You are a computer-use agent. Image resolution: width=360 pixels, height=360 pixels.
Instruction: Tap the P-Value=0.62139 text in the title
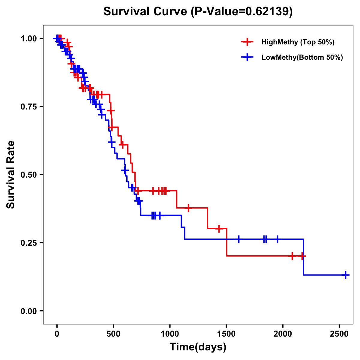pos(242,11)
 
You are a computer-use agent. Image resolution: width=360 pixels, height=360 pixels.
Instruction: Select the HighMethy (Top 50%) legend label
pos(298,42)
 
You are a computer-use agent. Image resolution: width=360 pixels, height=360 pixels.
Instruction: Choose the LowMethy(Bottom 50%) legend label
pos(302,58)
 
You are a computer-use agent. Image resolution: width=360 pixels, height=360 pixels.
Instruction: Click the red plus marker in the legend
pos(247,42)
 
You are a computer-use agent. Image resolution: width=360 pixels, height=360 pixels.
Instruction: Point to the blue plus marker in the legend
pos(247,58)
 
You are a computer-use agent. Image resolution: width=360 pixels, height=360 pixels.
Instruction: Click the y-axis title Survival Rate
pos(11,174)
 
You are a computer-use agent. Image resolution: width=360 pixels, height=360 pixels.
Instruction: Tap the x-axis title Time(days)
pos(198,347)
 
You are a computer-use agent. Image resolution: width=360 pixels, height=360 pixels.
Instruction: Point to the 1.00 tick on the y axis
pos(28,38)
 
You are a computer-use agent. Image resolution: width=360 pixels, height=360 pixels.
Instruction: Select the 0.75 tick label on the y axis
pos(28,106)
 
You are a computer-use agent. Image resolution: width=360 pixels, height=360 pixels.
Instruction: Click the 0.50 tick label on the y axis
pos(28,175)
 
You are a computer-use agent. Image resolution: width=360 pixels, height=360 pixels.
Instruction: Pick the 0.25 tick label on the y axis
pos(28,243)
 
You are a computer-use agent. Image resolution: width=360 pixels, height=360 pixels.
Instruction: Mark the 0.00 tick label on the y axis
pos(28,311)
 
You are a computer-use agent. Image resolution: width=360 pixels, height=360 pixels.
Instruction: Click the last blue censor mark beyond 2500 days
pos(346,275)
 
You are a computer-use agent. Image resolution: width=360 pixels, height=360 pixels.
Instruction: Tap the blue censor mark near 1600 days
pos(239,239)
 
